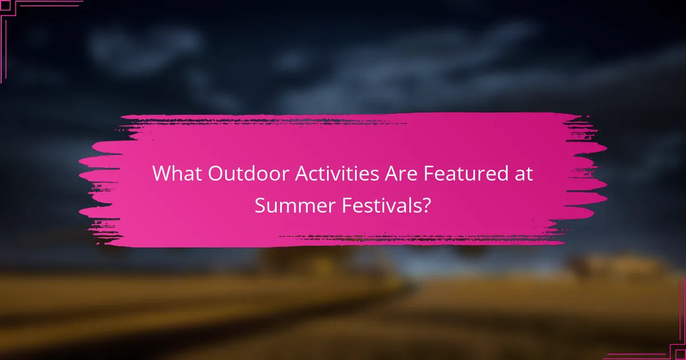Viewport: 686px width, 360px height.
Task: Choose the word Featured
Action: click(x=468, y=174)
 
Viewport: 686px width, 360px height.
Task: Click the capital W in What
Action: click(x=162, y=174)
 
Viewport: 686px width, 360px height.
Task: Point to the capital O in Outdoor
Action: click(x=216, y=174)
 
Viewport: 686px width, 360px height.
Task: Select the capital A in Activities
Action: click(x=303, y=174)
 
